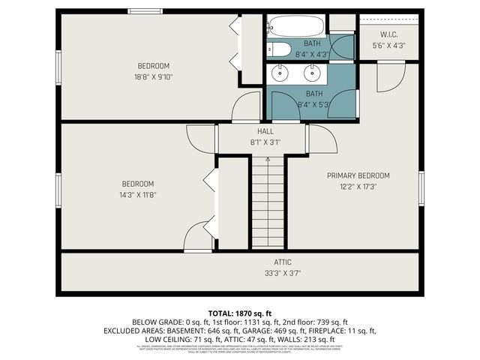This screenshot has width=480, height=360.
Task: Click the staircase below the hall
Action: click(x=268, y=202)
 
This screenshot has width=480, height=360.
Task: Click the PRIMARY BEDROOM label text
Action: click(x=358, y=175)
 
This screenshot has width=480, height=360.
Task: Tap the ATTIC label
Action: click(x=282, y=262)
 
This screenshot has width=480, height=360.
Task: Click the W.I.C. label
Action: click(x=388, y=34)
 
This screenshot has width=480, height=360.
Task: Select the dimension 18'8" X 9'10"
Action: click(x=153, y=76)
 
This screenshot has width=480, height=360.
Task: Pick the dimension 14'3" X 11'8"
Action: click(x=139, y=195)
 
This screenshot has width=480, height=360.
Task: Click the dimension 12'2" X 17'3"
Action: click(x=358, y=187)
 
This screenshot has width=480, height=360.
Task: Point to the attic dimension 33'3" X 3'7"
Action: click(x=282, y=274)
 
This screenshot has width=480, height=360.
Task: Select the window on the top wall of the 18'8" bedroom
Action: click(x=143, y=10)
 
